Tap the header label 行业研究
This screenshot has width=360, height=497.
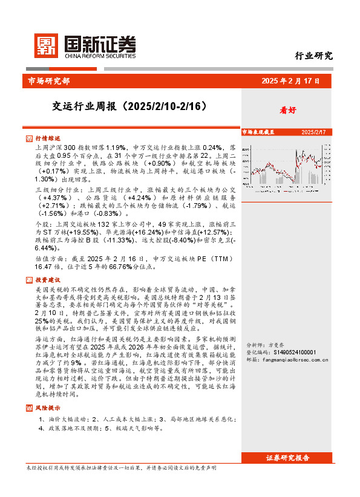click(x=313, y=56)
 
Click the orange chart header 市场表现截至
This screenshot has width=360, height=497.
click(x=258, y=131)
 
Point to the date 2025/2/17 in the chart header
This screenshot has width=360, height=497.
click(x=313, y=131)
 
